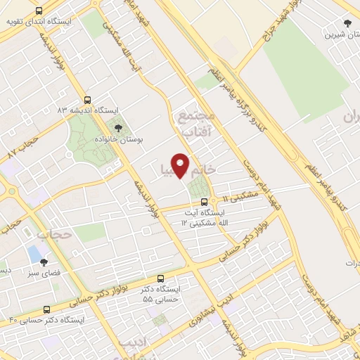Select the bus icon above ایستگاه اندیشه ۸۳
pos(87,100)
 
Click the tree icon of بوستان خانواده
pos(117,128)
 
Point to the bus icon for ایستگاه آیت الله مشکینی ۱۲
pos(204,201)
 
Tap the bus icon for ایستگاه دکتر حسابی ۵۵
pos(161,278)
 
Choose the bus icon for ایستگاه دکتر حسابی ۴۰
pos(47,309)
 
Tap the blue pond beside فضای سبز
pos(33,252)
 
